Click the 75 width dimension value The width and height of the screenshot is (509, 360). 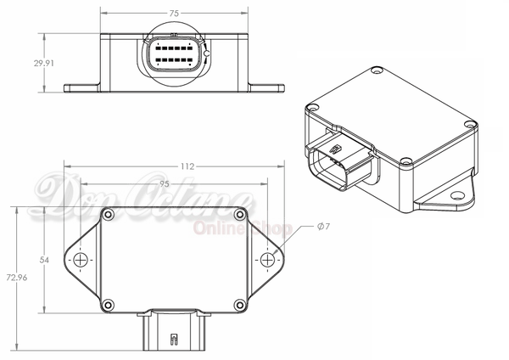point(174,14)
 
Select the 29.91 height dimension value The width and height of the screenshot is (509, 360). point(44,63)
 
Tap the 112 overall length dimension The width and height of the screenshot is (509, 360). point(187,166)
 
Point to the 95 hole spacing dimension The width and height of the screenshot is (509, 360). point(165,184)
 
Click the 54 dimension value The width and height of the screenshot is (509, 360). point(44,260)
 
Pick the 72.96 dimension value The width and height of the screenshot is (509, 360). point(17,278)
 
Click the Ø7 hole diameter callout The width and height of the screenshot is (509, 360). point(323,226)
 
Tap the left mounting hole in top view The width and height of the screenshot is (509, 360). point(81,260)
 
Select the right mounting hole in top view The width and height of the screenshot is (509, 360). point(267,260)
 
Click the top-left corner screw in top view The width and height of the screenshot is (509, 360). point(108,215)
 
